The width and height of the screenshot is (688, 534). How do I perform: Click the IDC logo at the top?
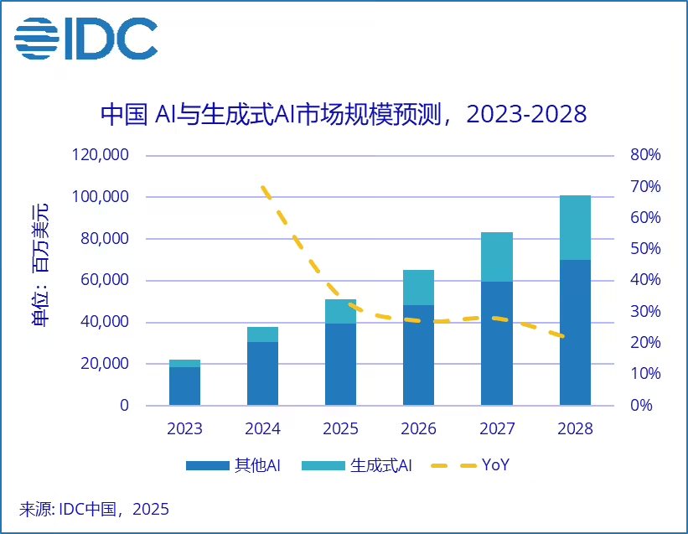tap(85, 39)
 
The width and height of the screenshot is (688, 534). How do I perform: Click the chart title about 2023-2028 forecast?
tap(344, 115)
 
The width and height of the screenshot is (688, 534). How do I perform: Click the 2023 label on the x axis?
tap(184, 429)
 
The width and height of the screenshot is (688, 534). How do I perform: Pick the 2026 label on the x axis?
tap(418, 429)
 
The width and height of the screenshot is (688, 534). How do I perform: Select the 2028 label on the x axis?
tap(575, 429)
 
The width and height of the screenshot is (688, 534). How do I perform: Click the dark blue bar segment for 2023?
tap(184, 386)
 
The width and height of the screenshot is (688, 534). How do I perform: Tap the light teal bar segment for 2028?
tap(575, 227)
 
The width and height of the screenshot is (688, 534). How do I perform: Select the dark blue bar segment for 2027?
tap(497, 344)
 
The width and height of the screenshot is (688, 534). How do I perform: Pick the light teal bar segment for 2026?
tap(418, 288)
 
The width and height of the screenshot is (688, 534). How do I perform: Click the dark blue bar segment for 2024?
tap(262, 374)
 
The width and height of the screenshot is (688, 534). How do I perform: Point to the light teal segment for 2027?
tap(497, 257)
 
